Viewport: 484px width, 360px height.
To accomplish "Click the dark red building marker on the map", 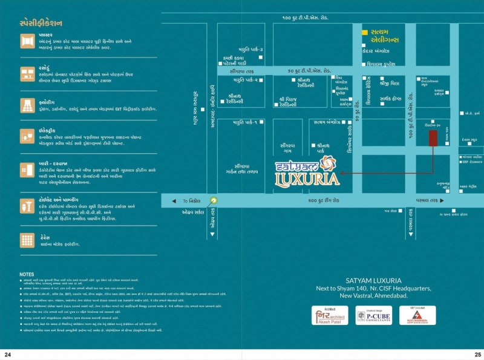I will (433, 137).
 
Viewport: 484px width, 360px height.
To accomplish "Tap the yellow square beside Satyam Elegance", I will (365, 31).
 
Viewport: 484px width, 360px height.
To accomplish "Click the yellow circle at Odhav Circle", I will (213, 201).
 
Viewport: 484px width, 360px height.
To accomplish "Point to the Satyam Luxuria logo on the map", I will (303, 171).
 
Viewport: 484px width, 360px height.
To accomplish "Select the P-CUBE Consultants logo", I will (373, 316).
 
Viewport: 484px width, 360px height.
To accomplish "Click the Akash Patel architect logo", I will (330, 316).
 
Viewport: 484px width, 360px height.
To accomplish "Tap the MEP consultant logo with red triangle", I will (417, 316).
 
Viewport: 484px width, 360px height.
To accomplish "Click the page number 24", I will (8, 354).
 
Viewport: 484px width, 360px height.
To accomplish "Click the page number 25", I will (477, 354).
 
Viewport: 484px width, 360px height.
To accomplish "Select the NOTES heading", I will (27, 274).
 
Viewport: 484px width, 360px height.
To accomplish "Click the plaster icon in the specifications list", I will (27, 41).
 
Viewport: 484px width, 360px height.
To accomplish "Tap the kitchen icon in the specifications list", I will (27, 74).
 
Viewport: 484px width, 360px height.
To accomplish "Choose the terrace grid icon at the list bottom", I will (27, 240).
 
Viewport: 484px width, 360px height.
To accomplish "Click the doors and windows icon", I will (27, 169).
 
